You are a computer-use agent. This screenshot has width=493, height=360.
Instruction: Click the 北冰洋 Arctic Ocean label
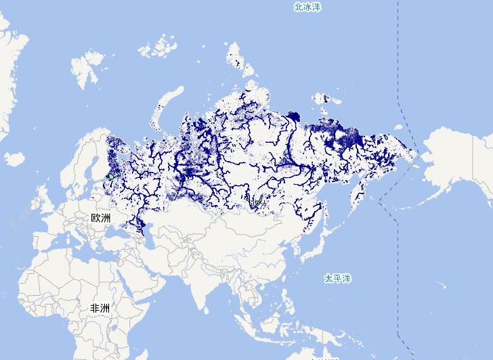point(306,7)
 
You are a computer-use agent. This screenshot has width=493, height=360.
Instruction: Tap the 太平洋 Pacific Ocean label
point(337,278)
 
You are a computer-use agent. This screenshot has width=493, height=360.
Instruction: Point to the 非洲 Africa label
point(100,308)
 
